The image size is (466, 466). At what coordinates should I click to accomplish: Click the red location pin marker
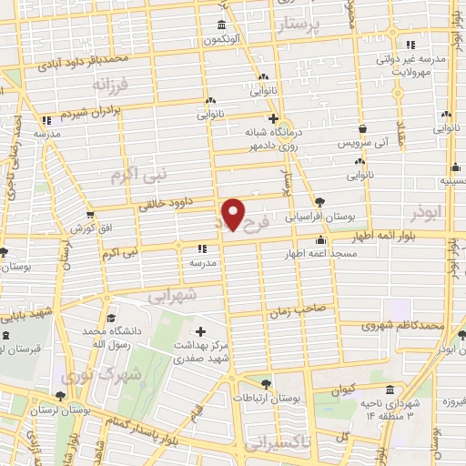[234, 214]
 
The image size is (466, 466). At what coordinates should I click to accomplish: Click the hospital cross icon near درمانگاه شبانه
[272, 118]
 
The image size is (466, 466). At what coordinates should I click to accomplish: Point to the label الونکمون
[225, 40]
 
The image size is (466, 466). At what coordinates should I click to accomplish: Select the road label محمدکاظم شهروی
[401, 323]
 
